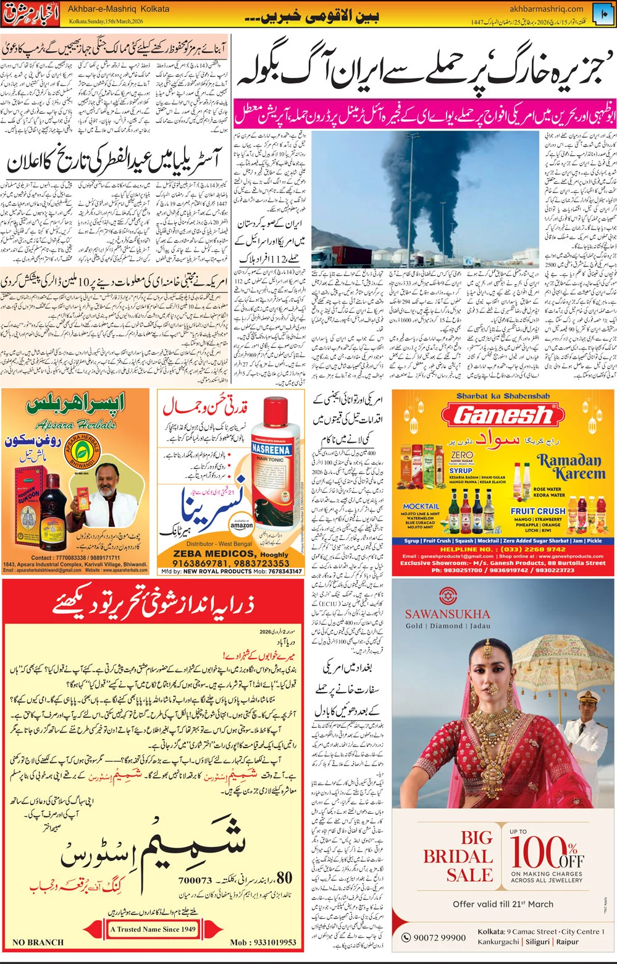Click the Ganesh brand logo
pyautogui.click(x=503, y=415)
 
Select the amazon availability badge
pyautogui.click(x=241, y=525)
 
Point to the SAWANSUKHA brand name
pyautogui.click(x=447, y=614)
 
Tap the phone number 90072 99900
pyautogui.click(x=439, y=937)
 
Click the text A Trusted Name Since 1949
pyautogui.click(x=153, y=929)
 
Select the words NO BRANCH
pyautogui.click(x=38, y=942)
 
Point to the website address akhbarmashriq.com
pyautogui.click(x=546, y=9)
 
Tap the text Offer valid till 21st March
pyautogui.click(x=503, y=904)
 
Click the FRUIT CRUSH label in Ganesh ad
pyautogui.click(x=538, y=511)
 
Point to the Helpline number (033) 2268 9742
pyautogui.click(x=503, y=549)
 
